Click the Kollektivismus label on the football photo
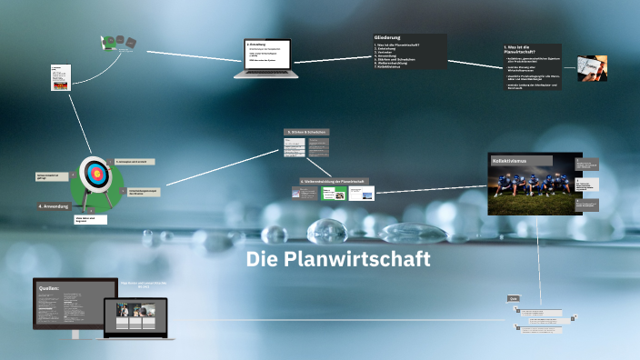509,161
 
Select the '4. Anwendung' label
54,206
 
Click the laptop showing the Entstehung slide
266,55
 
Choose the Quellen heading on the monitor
48,288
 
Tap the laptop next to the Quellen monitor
139,319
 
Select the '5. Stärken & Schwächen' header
306,132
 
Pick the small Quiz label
514,298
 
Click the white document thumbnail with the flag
59,78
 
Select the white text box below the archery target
91,219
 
